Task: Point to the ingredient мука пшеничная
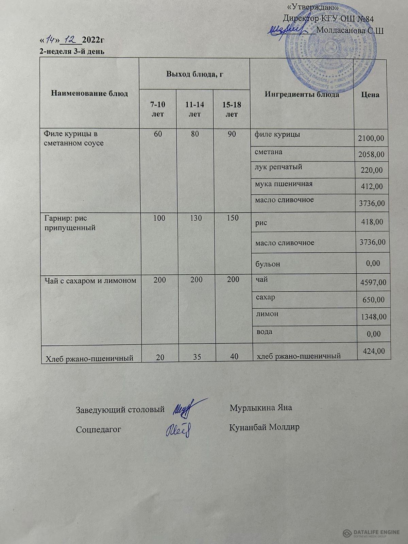(284, 184)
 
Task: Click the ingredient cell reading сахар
(265, 297)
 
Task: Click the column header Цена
(370, 95)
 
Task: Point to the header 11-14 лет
(194, 109)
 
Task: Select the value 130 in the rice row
(195, 218)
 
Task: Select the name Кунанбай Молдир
(265, 427)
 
